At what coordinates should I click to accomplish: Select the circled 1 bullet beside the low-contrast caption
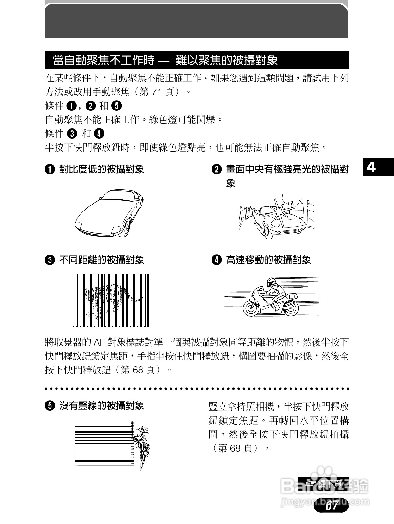pos(50,170)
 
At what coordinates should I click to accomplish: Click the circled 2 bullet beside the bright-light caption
pos(217,170)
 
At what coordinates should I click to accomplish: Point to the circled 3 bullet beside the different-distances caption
pos(50,260)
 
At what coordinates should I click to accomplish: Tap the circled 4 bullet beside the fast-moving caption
pos(217,260)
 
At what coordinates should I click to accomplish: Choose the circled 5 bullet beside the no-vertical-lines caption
pos(50,406)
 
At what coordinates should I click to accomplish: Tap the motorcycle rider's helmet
pos(271,282)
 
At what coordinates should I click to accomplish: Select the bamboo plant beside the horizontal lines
pos(142,445)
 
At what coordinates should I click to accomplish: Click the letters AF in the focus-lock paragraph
pos(97,342)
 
